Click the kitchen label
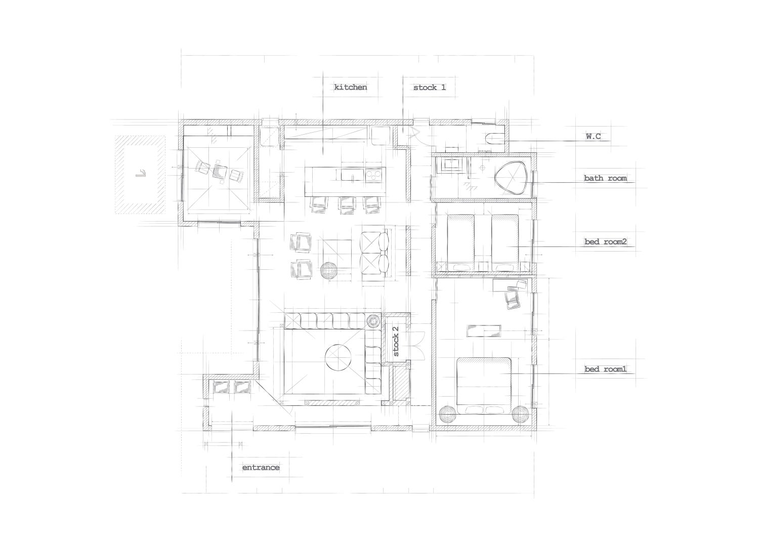pyautogui.click(x=350, y=87)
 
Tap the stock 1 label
pyautogui.click(x=429, y=88)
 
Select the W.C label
pyautogui.click(x=594, y=136)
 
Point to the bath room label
pyautogui.click(x=605, y=178)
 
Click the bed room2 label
pyautogui.click(x=605, y=242)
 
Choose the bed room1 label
pyautogui.click(x=605, y=369)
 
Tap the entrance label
pyautogui.click(x=261, y=468)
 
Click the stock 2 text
pyautogui.click(x=395, y=341)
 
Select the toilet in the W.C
pyautogui.click(x=494, y=140)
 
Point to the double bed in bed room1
pyautogui.click(x=484, y=386)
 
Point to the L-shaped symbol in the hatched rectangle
pyautogui.click(x=141, y=173)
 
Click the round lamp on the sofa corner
pyautogui.click(x=374, y=321)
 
